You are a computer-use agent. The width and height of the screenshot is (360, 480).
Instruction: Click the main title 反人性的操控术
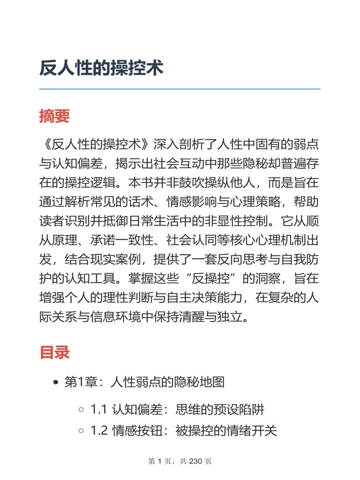[x=101, y=68]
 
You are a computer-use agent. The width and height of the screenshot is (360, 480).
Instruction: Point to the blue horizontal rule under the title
[x=180, y=89]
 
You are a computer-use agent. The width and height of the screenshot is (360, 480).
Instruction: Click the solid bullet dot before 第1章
[x=56, y=383]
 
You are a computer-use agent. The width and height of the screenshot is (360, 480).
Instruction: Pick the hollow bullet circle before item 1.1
[x=81, y=410]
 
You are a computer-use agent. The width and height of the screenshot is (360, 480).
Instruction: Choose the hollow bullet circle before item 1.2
[x=81, y=431]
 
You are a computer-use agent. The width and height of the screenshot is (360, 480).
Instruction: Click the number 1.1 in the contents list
[x=98, y=410]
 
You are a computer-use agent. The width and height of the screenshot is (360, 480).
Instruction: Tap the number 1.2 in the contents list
[x=98, y=431]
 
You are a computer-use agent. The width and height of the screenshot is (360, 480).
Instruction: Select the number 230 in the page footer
[x=197, y=462]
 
